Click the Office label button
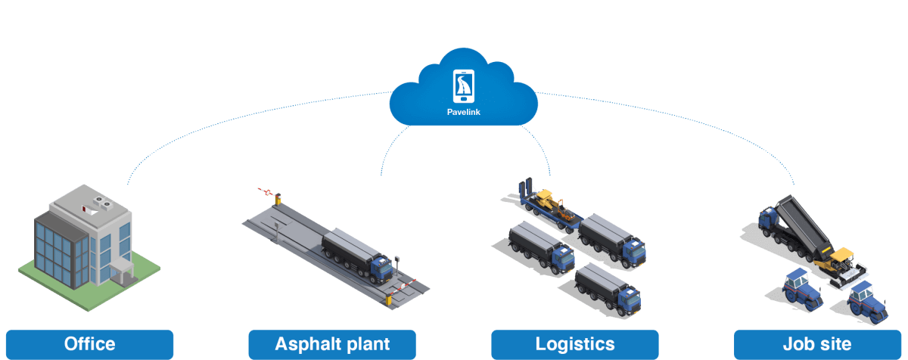[89, 344]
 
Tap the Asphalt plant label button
[332, 344]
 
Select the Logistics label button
[575, 344]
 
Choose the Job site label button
[818, 344]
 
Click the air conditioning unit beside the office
[122, 272]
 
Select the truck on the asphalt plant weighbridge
[356, 256]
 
